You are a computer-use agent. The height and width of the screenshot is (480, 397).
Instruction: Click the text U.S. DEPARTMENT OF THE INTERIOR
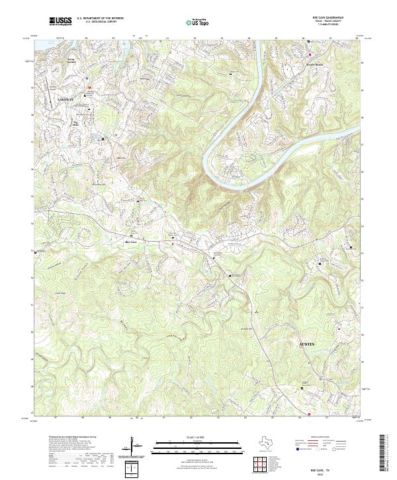pyautogui.click(x=100, y=19)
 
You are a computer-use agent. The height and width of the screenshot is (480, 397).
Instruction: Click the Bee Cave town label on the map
pyautogui.click(x=132, y=242)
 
